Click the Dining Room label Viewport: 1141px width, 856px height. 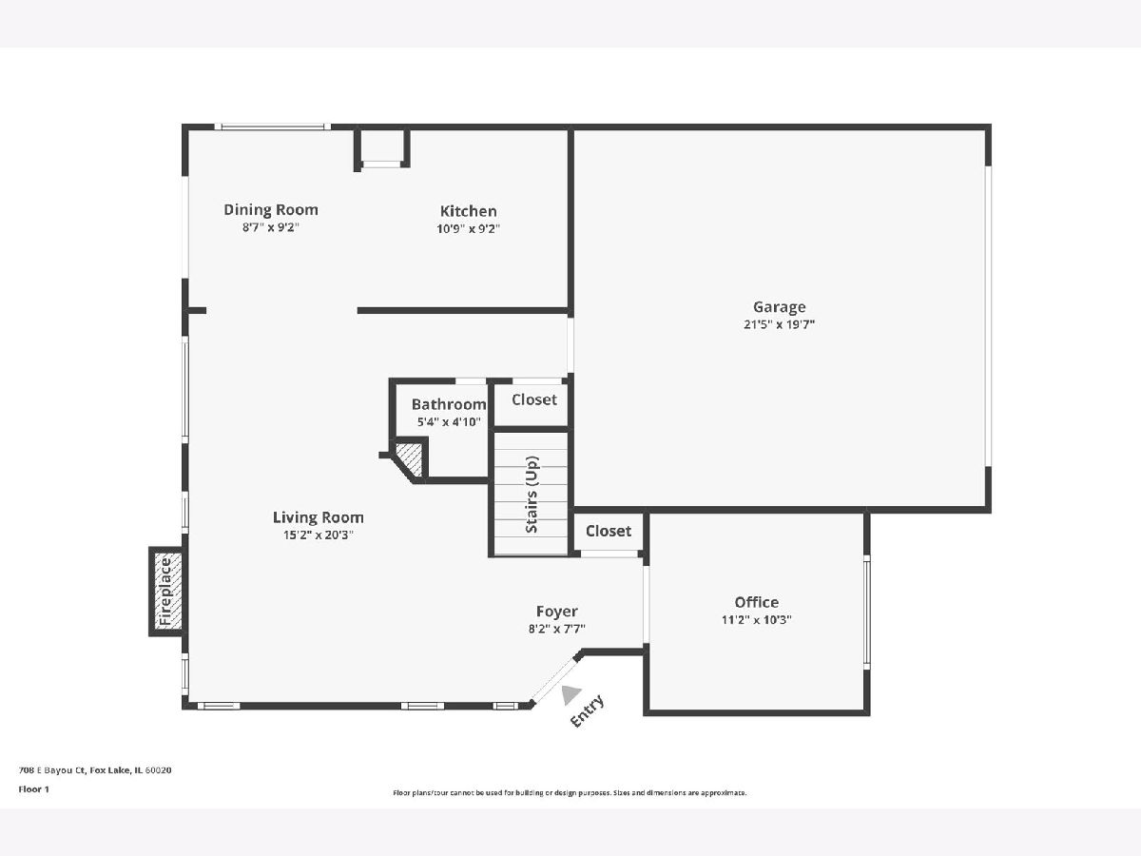tap(271, 210)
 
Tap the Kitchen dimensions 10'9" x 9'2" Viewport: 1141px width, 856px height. tap(469, 228)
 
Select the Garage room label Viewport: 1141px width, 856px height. tap(779, 307)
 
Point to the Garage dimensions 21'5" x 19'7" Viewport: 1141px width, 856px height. tap(779, 325)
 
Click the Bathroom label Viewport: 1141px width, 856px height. tap(449, 404)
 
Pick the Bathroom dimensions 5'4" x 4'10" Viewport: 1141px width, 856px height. tap(449, 422)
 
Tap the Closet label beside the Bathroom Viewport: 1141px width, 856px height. tap(534, 399)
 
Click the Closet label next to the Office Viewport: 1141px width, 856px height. tap(609, 531)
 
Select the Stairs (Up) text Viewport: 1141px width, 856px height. tap(532, 495)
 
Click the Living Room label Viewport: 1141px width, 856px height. tap(319, 517)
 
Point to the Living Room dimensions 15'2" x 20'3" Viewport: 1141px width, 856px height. tap(319, 535)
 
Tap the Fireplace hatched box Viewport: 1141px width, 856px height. tap(166, 592)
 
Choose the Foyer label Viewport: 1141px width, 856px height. tap(557, 612)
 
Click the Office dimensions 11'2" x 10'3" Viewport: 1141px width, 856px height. tap(756, 619)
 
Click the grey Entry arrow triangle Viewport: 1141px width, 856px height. tap(570, 694)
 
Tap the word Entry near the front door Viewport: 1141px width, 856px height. tap(587, 711)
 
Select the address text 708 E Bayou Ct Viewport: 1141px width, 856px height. tap(52, 770)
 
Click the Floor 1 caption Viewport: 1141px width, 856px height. tap(34, 789)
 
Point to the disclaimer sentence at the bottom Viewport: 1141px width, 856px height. tap(570, 792)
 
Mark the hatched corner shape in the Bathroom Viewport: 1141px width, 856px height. tap(410, 459)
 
